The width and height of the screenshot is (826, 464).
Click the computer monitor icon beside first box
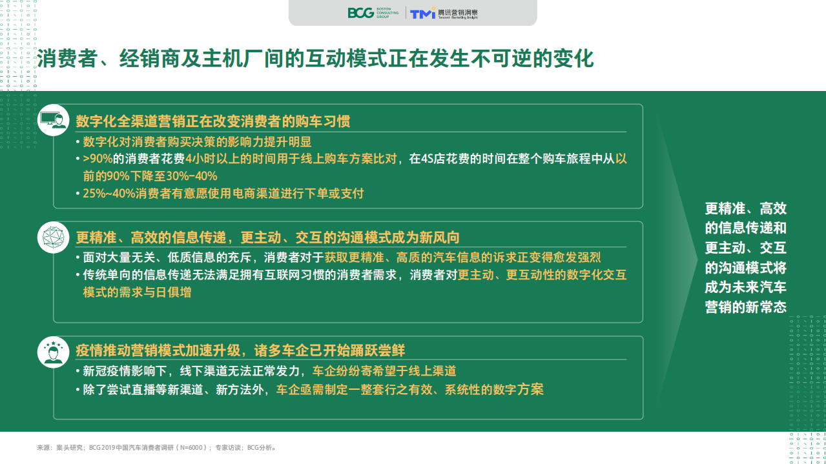pyautogui.click(x=53, y=120)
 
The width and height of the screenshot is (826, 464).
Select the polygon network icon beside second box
pyautogui.click(x=53, y=237)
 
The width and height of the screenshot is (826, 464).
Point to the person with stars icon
pyautogui.click(x=53, y=352)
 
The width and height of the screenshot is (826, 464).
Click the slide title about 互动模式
pyautogui.click(x=315, y=59)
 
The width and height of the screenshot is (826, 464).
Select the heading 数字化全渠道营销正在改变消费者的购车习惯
pyautogui.click(x=213, y=122)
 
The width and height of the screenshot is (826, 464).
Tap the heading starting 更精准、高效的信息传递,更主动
pyautogui.click(x=267, y=237)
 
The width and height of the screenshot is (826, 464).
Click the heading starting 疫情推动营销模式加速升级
pyautogui.click(x=240, y=350)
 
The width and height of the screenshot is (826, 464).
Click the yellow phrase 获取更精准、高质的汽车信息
pyautogui.click(x=400, y=257)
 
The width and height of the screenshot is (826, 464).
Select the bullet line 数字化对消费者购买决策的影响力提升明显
pyautogui.click(x=198, y=142)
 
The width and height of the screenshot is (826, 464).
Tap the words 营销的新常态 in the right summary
pyautogui.click(x=745, y=307)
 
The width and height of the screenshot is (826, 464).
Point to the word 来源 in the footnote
pyautogui.click(x=43, y=447)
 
